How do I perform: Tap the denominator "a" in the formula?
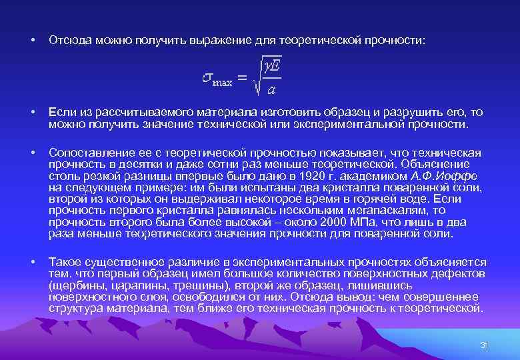[271, 88]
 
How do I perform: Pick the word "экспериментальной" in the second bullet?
[353, 124]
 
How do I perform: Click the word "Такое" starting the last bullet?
[65, 262]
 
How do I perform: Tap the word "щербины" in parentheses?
[75, 283]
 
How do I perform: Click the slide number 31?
[485, 345]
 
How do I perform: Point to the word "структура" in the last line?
[73, 309]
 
